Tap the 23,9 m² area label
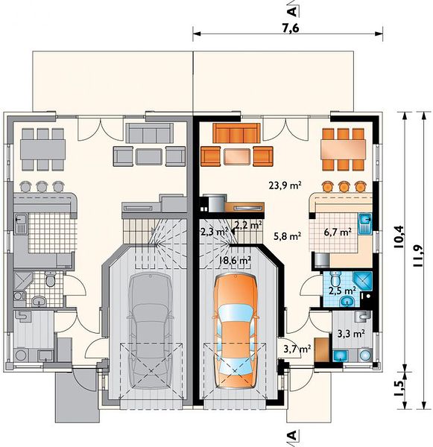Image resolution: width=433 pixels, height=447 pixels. point(285,186)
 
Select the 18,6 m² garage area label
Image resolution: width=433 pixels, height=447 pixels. point(235,260)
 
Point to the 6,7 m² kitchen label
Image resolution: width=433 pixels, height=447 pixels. point(338,232)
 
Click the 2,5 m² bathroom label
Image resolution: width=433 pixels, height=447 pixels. point(342,291)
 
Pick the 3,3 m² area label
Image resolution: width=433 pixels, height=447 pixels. point(351,334)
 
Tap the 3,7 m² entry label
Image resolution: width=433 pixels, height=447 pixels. point(297,348)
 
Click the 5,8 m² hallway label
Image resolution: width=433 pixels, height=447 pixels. point(287,236)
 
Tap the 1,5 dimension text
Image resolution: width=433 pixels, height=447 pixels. point(400,388)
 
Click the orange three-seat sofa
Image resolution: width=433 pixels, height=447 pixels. point(237,133)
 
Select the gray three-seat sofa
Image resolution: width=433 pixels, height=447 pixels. point(150,133)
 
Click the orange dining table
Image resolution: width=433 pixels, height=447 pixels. point(344,150)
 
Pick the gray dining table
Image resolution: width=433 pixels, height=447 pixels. point(42,150)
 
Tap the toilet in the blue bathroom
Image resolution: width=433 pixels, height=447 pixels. point(335,278)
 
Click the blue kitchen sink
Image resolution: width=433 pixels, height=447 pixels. point(365,223)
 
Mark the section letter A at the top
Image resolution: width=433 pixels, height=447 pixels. point(292,11)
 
